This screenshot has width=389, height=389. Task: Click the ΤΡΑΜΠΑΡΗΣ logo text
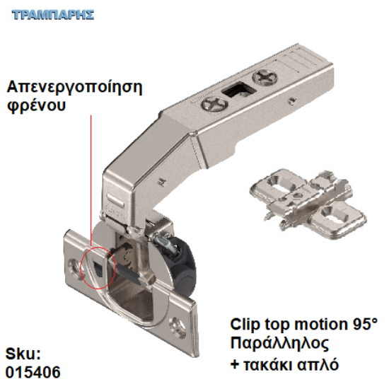click(x=53, y=15)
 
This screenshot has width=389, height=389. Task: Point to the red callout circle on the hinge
click(x=98, y=265)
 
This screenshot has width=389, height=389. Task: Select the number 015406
click(x=33, y=371)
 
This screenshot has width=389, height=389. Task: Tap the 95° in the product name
click(x=360, y=325)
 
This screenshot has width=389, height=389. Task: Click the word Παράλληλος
click(x=279, y=344)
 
